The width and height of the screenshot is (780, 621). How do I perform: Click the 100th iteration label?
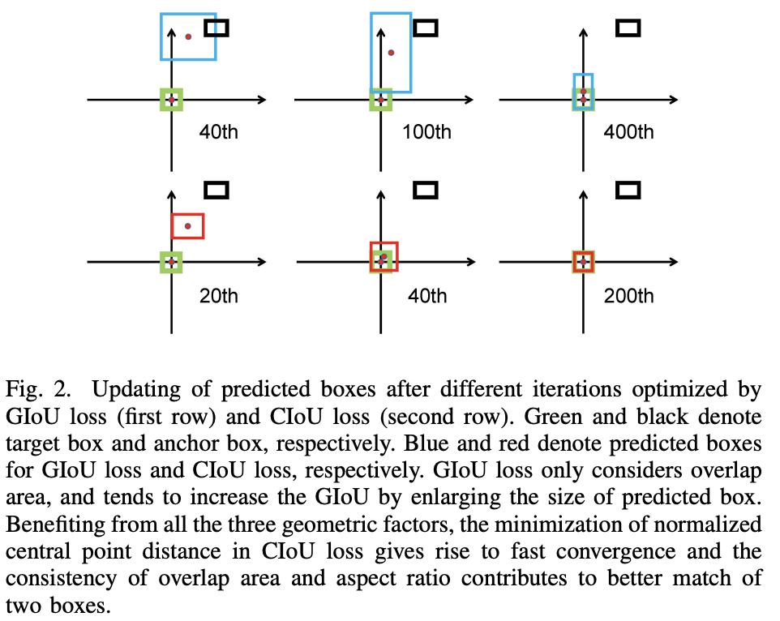pos(426,132)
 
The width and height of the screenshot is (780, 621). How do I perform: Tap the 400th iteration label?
pos(628,132)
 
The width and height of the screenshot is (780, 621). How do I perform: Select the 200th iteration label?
pos(628,296)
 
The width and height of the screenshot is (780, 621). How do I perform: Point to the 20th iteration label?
pos(219,296)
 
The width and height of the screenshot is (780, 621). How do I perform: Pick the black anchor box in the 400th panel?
pos(628,28)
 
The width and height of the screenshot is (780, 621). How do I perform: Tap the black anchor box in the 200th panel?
pos(628,191)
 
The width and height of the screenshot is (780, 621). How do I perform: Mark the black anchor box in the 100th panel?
pos(426,28)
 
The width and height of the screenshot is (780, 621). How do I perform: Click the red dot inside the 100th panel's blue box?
pos(391,53)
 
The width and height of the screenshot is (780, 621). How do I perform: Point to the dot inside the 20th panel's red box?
pos(187,226)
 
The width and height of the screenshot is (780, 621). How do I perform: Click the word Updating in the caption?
pos(126,390)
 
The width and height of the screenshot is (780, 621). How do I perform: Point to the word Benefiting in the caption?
pos(49,525)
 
